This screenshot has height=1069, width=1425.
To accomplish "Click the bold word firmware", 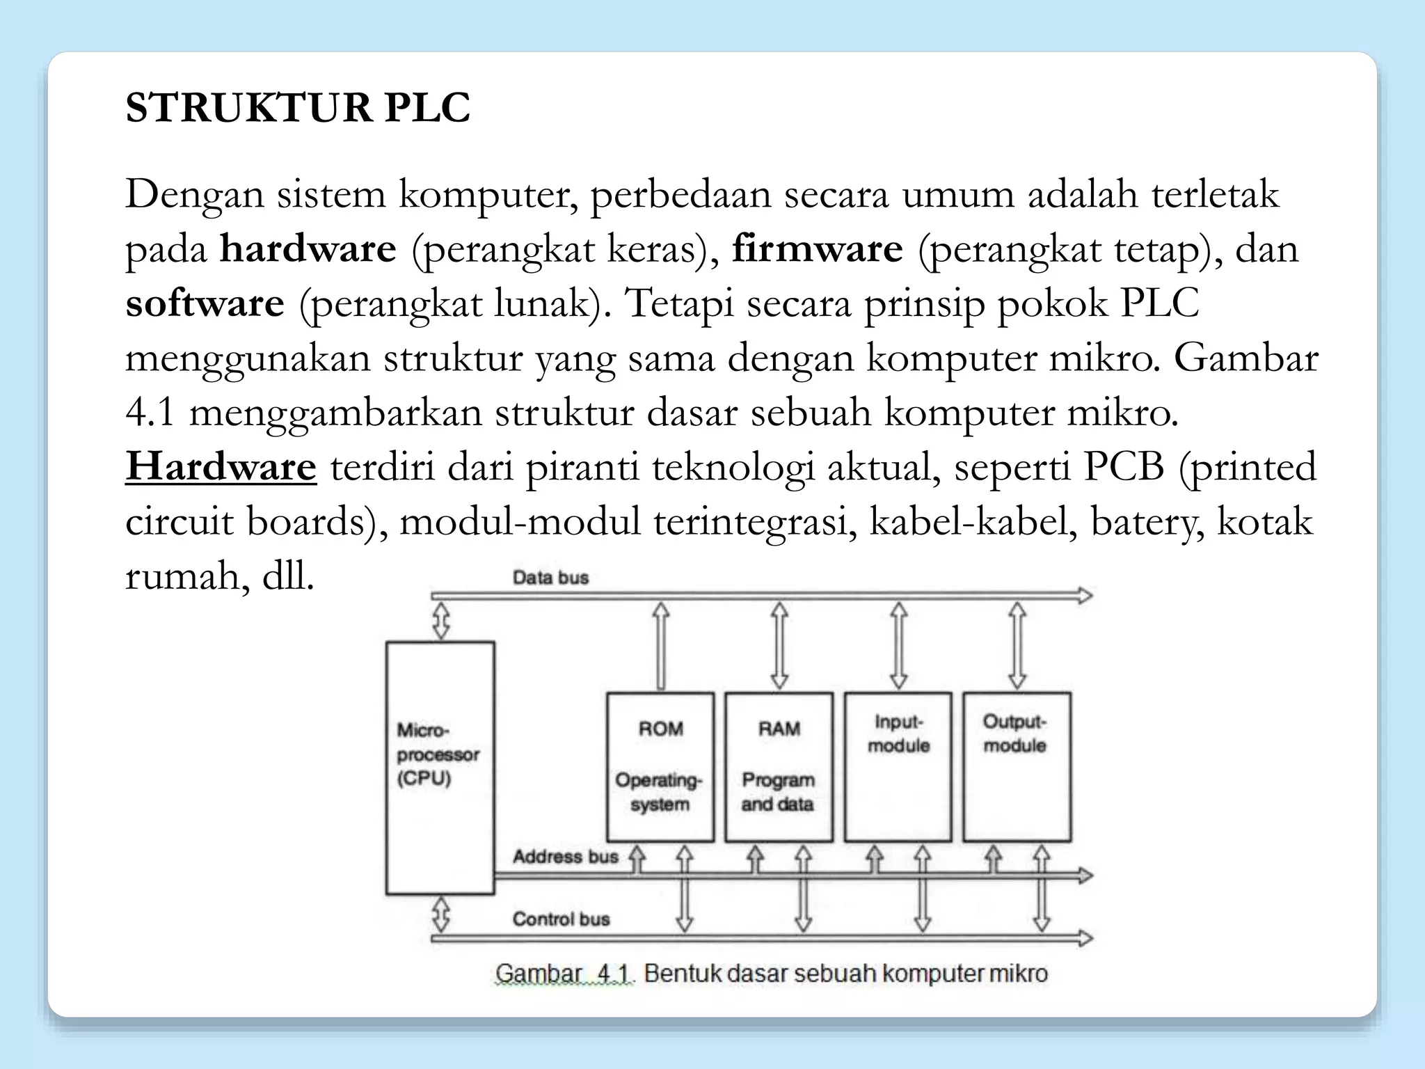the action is tap(817, 248).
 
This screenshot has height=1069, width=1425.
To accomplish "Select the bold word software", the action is tap(205, 303).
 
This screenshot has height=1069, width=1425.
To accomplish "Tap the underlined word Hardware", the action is tap(221, 466).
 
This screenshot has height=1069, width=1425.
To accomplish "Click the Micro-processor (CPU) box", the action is tap(440, 767).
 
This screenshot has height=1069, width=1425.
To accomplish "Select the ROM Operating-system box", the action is tap(660, 767).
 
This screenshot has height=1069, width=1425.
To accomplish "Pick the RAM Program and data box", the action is tap(779, 767).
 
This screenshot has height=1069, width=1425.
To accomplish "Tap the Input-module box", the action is tap(898, 767).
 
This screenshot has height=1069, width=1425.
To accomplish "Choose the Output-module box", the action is tap(1017, 767).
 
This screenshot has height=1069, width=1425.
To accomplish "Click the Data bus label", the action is tap(550, 578).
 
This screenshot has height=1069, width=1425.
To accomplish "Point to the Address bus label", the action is tap(565, 857).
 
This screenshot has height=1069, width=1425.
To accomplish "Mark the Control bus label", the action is tap(561, 919).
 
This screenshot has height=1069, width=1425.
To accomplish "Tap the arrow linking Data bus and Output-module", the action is tap(1017, 645).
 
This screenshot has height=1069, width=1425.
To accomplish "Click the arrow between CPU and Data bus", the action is tap(441, 620).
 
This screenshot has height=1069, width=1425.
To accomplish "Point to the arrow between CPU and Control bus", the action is tap(441, 914).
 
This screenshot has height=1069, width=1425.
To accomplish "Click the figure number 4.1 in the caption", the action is tap(613, 973).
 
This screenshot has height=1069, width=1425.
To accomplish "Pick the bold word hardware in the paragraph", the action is tap(308, 248).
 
